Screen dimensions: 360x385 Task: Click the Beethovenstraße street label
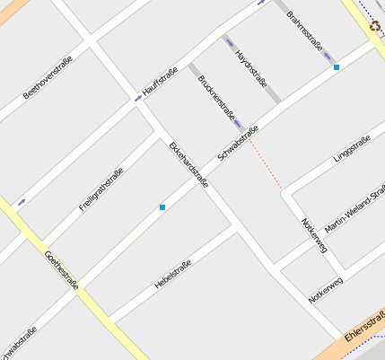47,78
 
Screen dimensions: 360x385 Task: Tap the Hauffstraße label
160,83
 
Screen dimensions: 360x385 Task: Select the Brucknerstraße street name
217,98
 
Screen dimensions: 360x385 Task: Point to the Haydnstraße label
252,66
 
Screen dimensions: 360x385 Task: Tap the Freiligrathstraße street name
101,188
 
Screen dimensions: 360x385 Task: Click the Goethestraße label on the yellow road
62,269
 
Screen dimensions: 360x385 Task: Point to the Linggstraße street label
352,148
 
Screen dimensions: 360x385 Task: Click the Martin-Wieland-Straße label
354,210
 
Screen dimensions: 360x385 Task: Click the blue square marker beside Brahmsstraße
337,67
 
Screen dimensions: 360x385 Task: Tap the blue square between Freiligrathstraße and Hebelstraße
162,207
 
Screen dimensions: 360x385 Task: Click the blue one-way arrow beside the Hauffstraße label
138,99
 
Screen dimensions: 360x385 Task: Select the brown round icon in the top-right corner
374,27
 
